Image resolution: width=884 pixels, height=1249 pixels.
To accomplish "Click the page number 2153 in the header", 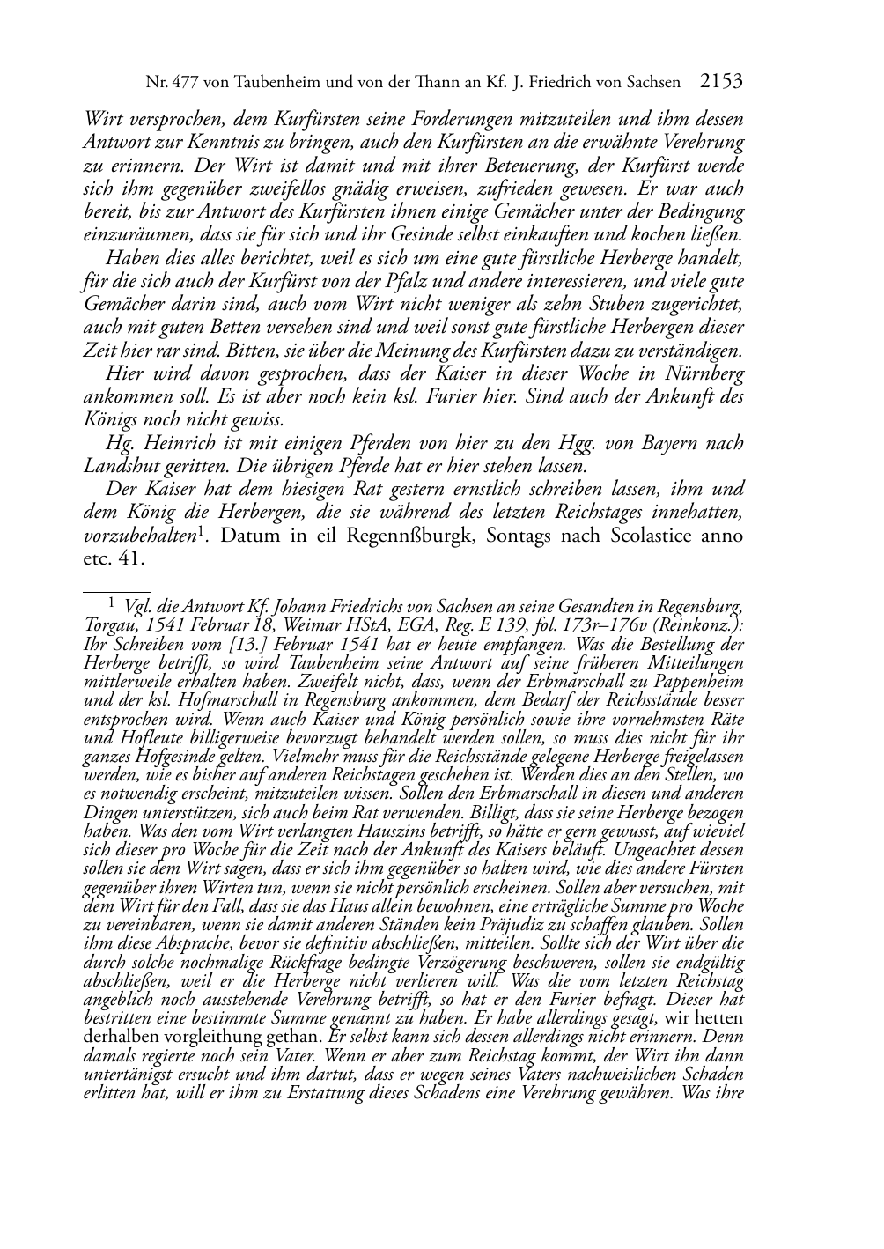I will point(721,82).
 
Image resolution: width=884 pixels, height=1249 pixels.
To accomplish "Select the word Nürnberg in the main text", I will point(704,374).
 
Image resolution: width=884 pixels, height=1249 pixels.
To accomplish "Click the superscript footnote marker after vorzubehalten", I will point(202,530).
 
